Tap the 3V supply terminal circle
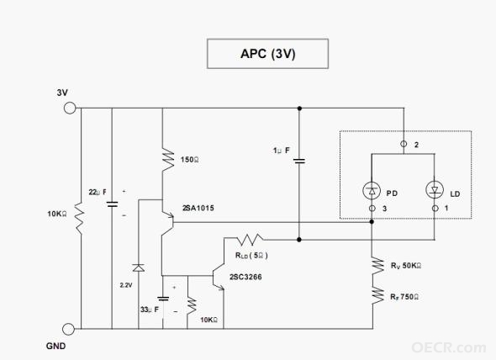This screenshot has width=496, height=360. pyautogui.click(x=70, y=108)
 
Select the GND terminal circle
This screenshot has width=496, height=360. pyautogui.click(x=68, y=329)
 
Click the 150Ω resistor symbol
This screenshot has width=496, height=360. pyautogui.click(x=168, y=159)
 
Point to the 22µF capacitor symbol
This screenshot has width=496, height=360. pyautogui.click(x=112, y=204)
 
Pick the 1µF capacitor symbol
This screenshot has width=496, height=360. pyautogui.click(x=299, y=161)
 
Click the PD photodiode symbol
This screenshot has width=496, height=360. pyautogui.click(x=372, y=190)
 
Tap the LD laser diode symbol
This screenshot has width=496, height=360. pyautogui.click(x=435, y=190)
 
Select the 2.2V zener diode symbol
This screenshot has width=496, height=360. pyautogui.click(x=138, y=267)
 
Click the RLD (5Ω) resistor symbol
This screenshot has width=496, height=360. pyautogui.click(x=250, y=240)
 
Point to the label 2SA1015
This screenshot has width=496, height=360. pyautogui.click(x=198, y=208)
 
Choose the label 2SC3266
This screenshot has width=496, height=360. pyautogui.click(x=245, y=277)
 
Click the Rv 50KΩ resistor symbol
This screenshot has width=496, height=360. pyautogui.click(x=377, y=265)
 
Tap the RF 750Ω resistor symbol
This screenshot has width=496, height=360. pyautogui.click(x=377, y=295)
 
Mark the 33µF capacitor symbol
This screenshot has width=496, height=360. pyautogui.click(x=163, y=299)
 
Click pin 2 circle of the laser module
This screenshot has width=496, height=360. pyautogui.click(x=404, y=144)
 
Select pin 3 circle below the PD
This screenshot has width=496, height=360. pyautogui.click(x=372, y=209)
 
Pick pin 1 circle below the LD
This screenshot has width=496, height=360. pyautogui.click(x=435, y=209)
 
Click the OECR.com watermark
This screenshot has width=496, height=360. pyautogui.click(x=449, y=347)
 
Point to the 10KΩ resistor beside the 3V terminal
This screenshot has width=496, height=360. pyautogui.click(x=79, y=219)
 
